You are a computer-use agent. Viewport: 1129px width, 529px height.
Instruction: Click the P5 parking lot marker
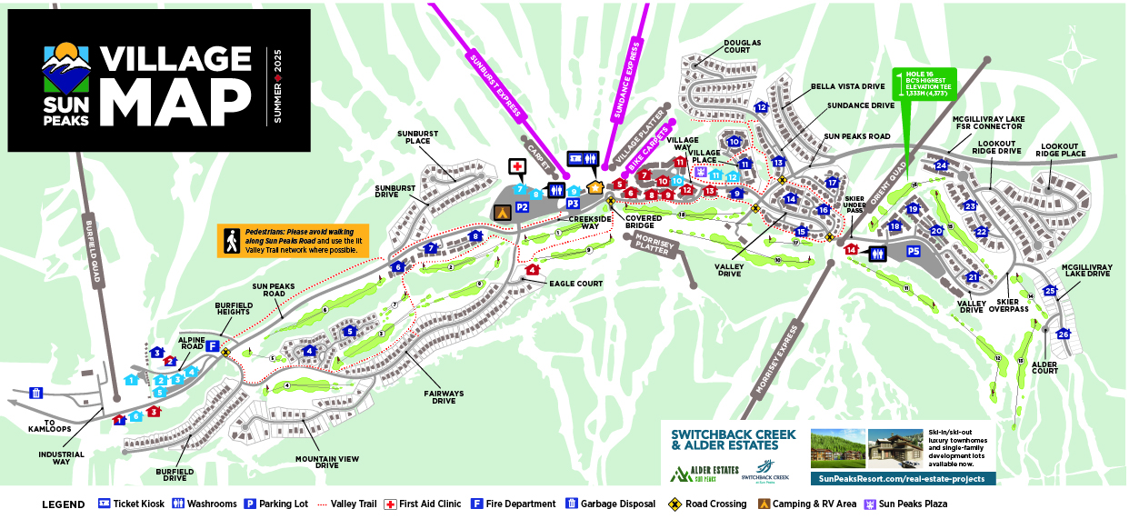click(914, 252)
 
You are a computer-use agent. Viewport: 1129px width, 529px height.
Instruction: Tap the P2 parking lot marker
click(523, 208)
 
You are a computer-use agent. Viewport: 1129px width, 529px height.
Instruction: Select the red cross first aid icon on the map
click(516, 167)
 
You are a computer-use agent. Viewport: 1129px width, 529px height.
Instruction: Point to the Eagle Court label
click(576, 284)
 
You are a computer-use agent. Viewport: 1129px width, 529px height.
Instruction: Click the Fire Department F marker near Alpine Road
click(212, 346)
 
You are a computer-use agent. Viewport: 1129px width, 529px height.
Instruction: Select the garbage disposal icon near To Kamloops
click(36, 393)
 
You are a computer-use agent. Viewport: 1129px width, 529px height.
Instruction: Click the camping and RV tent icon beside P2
click(500, 211)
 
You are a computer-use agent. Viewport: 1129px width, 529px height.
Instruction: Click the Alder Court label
click(1044, 367)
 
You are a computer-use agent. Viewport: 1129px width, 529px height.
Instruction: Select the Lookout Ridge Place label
click(1063, 151)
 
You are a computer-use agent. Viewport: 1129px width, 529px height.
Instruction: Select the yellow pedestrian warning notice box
click(292, 241)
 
